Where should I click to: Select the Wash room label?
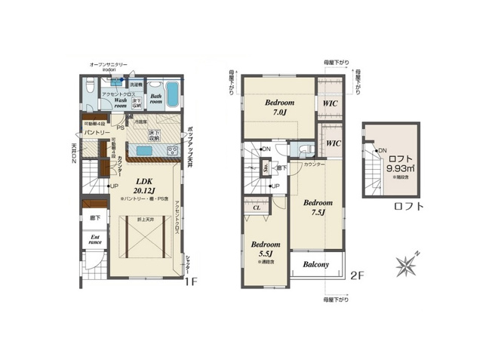121,102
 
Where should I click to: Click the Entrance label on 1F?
96,241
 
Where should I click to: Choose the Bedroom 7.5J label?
318,208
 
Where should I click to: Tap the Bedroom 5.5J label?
266,250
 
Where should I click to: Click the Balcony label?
315,265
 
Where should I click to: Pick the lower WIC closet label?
333,142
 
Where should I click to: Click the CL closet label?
257,207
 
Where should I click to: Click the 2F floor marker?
357,276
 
